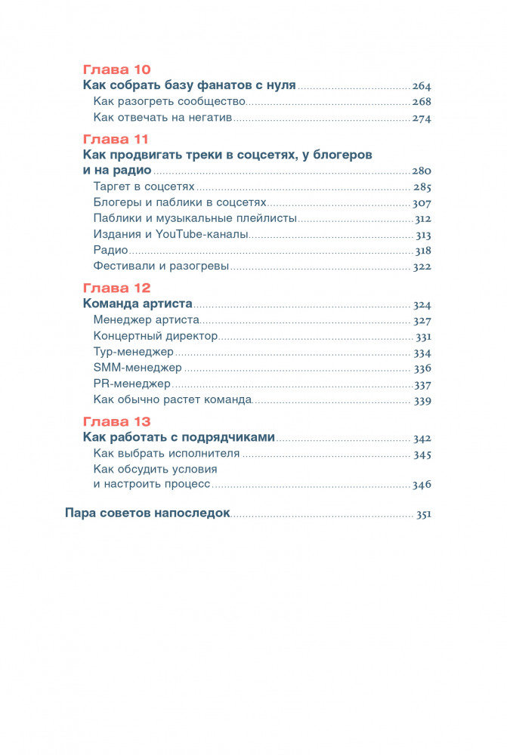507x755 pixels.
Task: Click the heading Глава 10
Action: coord(116,69)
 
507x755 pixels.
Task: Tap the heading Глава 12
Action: coord(116,288)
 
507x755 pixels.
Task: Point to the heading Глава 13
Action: coord(116,421)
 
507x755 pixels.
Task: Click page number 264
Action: coord(421,86)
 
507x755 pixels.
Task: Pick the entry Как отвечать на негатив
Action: coord(162,118)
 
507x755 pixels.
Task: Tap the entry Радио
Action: coord(110,251)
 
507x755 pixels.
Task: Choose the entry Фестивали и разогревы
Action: coord(161,267)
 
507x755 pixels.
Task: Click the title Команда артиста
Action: coord(138,305)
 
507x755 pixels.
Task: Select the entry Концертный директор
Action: coord(156,336)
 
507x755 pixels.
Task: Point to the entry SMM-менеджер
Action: coord(138,368)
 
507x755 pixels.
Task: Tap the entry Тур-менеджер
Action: coord(134,352)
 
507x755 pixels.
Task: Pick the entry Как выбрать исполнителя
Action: coord(166,454)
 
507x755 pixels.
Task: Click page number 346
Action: coord(422,485)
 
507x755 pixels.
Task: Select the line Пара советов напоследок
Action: coord(147,514)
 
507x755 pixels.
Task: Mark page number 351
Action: coord(423,515)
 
